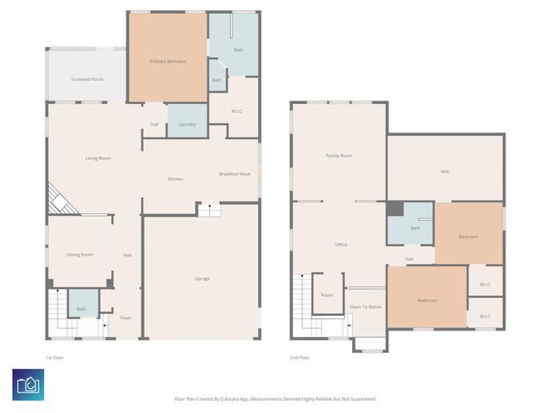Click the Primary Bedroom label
pos(168,61)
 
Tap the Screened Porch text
pos(87,79)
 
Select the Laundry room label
pos(187,124)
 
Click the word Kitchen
pos(175,179)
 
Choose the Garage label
pos(202,278)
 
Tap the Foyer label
pos(126,317)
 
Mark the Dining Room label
pos(80,255)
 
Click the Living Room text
pos(97,157)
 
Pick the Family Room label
pos(338,156)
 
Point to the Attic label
pos(445,171)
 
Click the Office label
pos(341,245)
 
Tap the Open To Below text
pos(365,306)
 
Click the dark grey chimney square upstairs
pos(394,209)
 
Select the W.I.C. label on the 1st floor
pos(238,111)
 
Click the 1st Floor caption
pos(55,357)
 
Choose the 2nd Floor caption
pos(300,357)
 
